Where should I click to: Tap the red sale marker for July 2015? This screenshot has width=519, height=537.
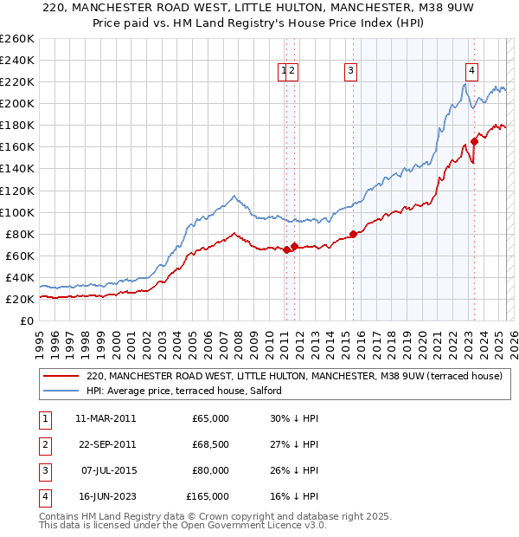tap(353, 234)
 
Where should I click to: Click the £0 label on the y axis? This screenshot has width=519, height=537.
tap(27, 320)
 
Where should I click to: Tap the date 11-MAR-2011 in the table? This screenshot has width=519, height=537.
tap(106, 418)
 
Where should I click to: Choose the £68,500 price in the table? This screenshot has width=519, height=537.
tap(211, 444)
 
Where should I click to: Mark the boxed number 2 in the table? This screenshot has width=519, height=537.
tap(42, 444)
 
